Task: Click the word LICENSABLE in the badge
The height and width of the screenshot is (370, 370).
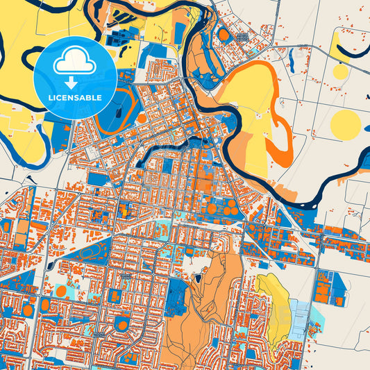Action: pyautogui.click(x=74, y=98)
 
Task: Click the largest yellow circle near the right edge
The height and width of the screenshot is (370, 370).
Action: pyautogui.click(x=345, y=125)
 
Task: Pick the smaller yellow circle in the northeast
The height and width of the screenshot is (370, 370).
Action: pyautogui.click(x=340, y=72)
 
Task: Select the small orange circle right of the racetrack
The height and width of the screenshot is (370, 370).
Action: pyautogui.click(x=142, y=118)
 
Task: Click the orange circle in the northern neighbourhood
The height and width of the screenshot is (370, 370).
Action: pyautogui.click(x=224, y=34)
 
